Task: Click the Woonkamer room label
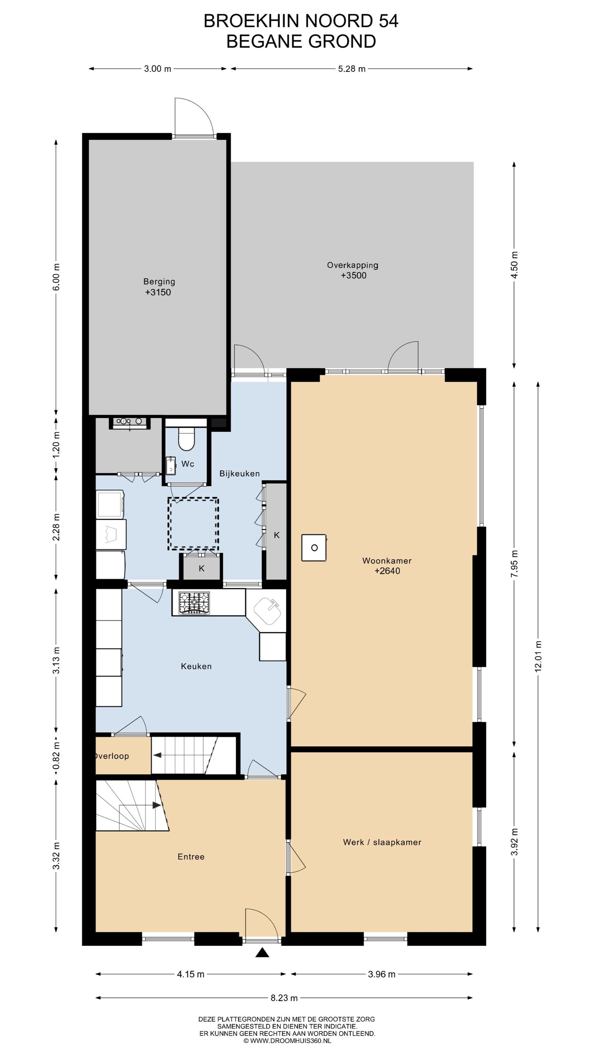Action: (387, 561)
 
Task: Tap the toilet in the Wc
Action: (186, 439)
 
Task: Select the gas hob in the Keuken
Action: (194, 603)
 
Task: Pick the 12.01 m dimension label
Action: (538, 656)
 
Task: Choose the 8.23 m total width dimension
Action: (284, 998)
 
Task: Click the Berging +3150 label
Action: (159, 287)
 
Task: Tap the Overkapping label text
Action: (353, 265)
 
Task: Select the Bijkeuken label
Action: (239, 474)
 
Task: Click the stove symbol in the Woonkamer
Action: (314, 548)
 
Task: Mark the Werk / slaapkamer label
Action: (382, 842)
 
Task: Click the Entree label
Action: (191, 857)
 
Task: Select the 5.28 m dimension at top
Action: (352, 68)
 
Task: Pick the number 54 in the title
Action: (388, 21)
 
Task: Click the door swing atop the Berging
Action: (194, 117)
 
